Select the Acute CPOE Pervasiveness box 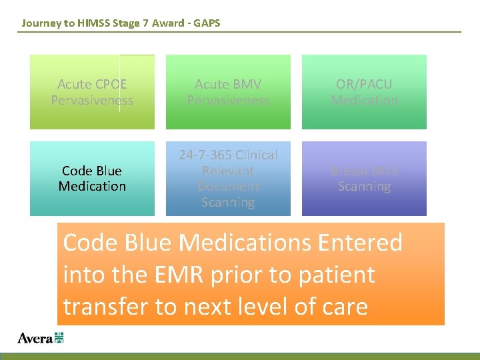coord(92,92)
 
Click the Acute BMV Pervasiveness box coord(228,92)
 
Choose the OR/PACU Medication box coord(364,92)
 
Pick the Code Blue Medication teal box coord(92,179)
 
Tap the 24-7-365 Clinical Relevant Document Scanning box coord(228,179)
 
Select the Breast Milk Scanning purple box coord(364,179)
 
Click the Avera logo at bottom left coord(40,338)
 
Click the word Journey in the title coord(39,23)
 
